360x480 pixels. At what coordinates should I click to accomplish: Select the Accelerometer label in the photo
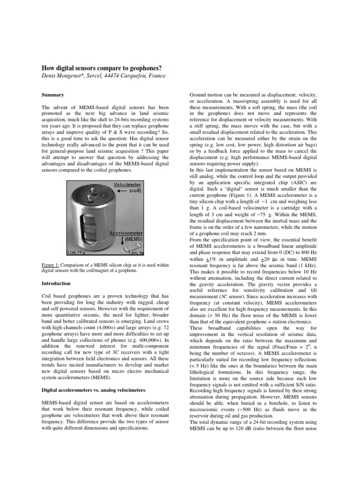coord(127,232)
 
